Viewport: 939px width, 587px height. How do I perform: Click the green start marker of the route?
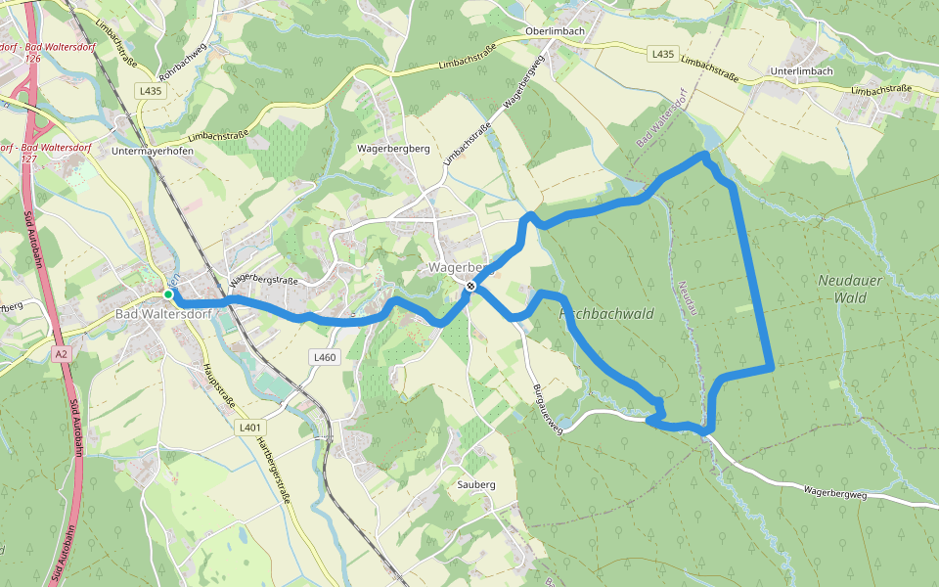tap(168, 294)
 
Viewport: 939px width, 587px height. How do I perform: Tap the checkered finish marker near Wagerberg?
tap(471, 287)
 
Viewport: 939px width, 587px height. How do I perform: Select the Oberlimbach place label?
tap(556, 30)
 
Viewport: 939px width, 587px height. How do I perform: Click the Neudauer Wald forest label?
tap(849, 288)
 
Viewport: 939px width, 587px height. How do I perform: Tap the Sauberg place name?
tap(477, 484)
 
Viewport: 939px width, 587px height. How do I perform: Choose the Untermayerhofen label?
tap(153, 152)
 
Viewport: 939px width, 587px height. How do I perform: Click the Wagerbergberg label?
tap(394, 149)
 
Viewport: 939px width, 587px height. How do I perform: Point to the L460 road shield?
tap(326, 358)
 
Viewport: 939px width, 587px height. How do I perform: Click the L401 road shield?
tap(250, 428)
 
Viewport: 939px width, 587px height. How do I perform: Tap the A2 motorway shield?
tap(62, 353)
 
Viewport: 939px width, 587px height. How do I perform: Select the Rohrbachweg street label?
tap(182, 61)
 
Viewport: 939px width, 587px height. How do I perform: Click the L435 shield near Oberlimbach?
tap(662, 54)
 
